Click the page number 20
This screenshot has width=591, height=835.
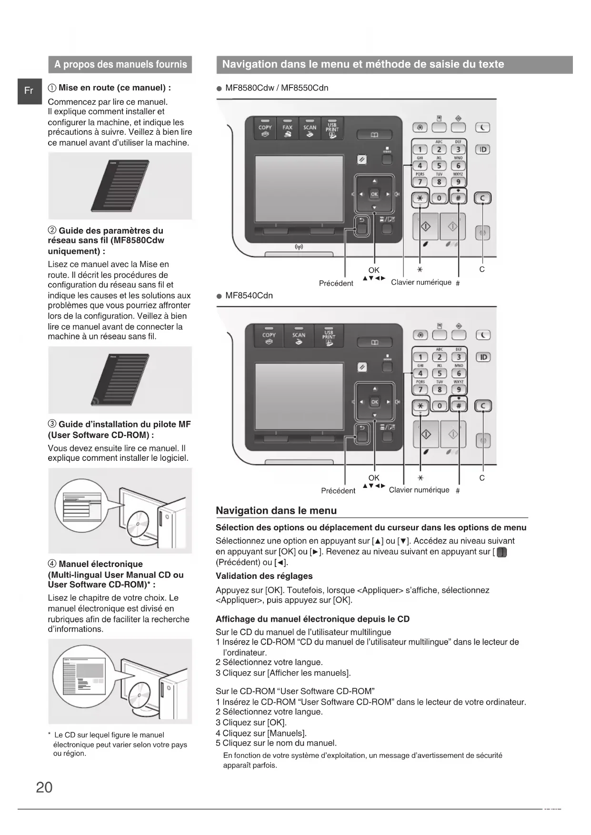pos(44,787)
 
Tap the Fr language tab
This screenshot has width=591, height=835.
pos(29,90)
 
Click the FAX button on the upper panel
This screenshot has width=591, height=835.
pos(287,129)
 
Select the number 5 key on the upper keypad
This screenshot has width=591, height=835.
pos(439,166)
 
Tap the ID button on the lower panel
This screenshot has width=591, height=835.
pos(483,357)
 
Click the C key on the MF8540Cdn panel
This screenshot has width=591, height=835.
pos(483,406)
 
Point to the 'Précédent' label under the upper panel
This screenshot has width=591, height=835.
pos(336,283)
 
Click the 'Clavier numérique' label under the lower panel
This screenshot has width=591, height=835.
pos(419,490)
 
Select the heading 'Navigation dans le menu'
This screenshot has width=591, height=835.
pos(276,511)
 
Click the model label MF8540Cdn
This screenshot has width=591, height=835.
pos(249,296)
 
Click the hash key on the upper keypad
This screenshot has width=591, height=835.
pos(459,198)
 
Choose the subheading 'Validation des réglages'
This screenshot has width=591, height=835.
pos(264,576)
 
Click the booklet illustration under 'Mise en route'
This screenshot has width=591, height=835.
pos(120,186)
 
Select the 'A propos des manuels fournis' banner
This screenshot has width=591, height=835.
pos(120,65)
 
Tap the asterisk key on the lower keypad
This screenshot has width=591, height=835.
pos(420,406)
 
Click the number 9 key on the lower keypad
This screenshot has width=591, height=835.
pos(459,389)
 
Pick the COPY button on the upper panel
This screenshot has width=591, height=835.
pos(265,129)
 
